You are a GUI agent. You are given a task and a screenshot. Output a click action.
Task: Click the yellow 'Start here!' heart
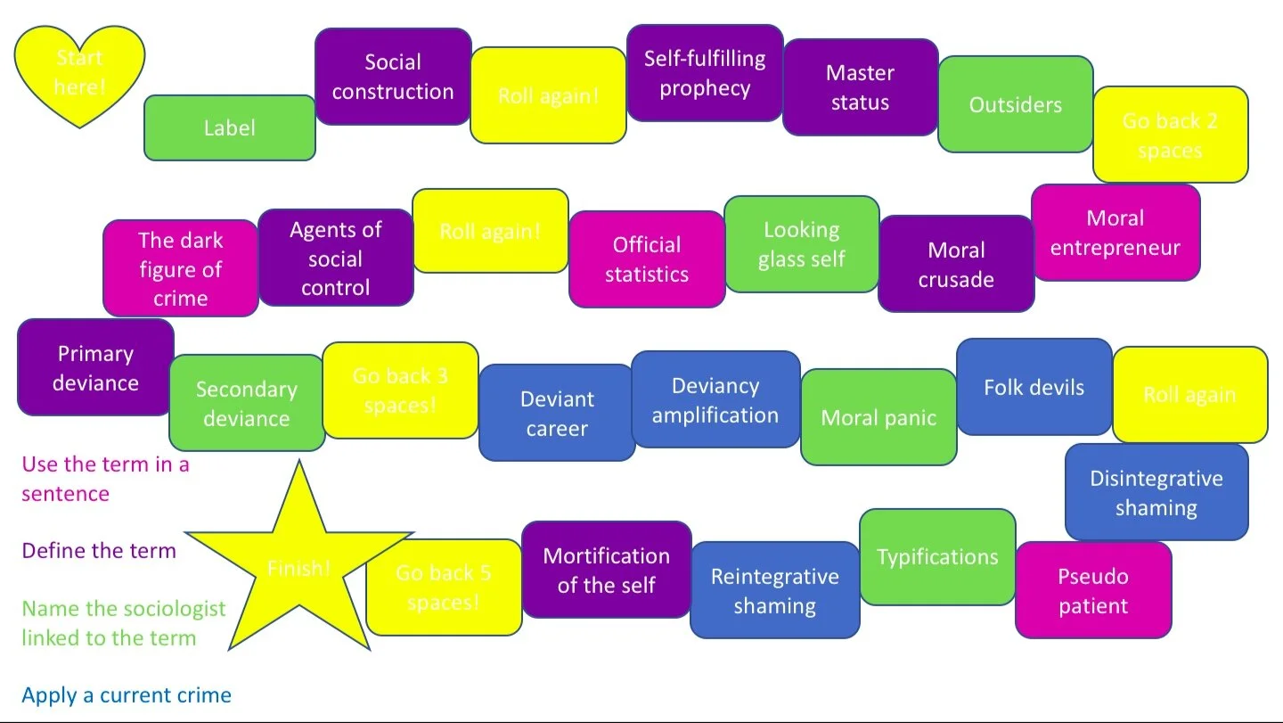click(79, 75)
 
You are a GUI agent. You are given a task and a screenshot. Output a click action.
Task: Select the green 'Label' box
click(229, 128)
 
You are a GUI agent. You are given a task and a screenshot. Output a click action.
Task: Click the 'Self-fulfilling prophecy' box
click(705, 73)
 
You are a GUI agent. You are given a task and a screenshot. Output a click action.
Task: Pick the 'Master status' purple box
click(860, 87)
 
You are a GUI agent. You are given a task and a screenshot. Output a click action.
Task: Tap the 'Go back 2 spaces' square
click(1170, 135)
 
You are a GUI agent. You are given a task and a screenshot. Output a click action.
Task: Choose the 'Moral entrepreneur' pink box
click(1115, 233)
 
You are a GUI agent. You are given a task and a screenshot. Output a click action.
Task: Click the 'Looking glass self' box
click(801, 244)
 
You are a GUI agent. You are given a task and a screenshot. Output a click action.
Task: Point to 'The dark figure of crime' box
click(180, 268)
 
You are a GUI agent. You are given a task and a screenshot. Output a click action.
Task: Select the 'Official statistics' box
click(647, 259)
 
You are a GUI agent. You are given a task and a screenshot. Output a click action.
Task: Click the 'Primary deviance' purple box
click(95, 367)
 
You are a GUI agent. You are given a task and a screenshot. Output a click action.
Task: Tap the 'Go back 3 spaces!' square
click(400, 390)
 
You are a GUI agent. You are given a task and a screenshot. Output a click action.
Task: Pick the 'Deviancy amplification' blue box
click(715, 399)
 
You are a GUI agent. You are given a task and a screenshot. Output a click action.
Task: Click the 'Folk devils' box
click(1034, 387)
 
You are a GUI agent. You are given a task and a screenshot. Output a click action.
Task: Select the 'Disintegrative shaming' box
click(1156, 492)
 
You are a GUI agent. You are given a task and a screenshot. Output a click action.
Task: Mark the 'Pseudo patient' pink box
click(1092, 590)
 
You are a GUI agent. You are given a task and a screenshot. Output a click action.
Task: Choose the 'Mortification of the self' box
click(606, 570)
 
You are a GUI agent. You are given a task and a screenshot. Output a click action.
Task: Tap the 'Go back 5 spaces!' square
click(444, 587)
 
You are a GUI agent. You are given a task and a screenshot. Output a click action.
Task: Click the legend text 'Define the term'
click(99, 551)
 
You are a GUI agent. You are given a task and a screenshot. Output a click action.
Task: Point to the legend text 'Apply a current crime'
click(127, 695)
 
